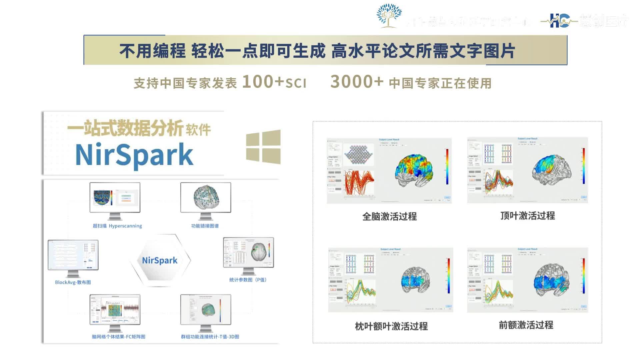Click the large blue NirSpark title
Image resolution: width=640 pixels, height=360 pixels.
coord(134,155)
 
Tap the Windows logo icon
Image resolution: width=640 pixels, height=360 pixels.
coord(263,147)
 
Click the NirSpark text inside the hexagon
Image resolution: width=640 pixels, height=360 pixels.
coord(160,260)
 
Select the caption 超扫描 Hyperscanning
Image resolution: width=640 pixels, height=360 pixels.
coord(117,226)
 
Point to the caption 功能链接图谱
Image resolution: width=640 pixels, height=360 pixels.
coord(205,226)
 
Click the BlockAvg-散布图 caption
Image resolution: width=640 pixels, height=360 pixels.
coord(73,282)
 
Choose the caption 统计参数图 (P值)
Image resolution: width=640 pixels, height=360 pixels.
coord(248,280)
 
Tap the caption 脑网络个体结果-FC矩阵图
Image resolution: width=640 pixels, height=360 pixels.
coord(118,337)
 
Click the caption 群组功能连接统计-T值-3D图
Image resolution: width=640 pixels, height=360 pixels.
coord(210,337)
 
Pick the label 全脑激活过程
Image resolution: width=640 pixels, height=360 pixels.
coord(389,217)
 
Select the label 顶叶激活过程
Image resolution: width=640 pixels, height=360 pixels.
coord(527,216)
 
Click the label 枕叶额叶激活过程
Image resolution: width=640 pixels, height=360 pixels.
coord(391,326)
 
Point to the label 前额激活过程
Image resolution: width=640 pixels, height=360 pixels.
coord(526,325)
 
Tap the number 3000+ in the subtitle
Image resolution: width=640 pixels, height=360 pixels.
coord(357,82)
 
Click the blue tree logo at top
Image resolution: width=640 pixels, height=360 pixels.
coord(389,15)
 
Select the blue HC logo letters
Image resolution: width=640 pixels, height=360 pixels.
coord(559,21)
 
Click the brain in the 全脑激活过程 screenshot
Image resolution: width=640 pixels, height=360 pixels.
coord(414,170)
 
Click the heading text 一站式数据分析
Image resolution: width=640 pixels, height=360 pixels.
coord(125,128)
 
